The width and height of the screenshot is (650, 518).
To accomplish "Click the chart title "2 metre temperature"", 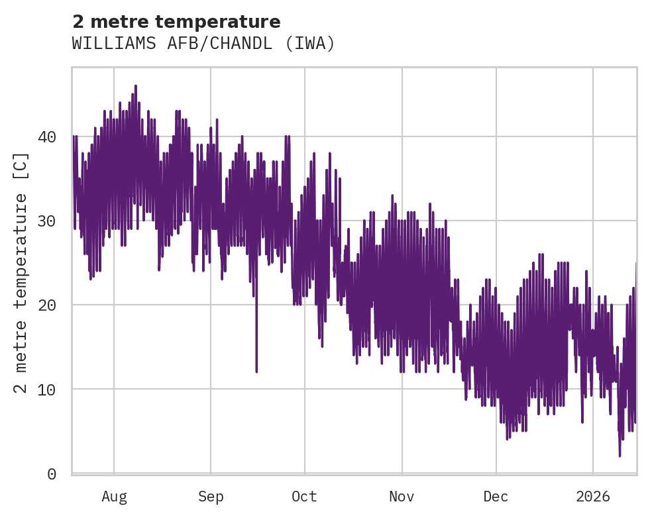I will tap(176, 22).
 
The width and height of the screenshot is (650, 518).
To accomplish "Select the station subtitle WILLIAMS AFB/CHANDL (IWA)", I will tap(203, 44).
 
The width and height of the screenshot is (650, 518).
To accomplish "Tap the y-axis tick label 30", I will tap(48, 221).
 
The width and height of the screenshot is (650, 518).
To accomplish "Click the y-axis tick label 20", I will tap(48, 305).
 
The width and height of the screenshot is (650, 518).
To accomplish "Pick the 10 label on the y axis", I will tap(48, 389).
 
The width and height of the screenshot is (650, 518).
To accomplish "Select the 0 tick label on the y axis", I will tap(52, 474).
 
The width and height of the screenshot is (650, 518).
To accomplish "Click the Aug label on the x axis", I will tap(114, 497).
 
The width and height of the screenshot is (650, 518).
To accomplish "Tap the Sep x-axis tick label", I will tap(211, 497).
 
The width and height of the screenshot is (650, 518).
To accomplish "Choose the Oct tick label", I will tap(305, 497).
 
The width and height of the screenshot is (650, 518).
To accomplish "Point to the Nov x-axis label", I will tap(402, 497).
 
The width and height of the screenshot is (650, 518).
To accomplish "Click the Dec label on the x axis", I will tap(496, 497).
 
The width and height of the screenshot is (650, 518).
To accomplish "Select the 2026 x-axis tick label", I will tap(593, 497).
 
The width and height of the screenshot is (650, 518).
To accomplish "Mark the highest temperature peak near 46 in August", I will tap(135, 86).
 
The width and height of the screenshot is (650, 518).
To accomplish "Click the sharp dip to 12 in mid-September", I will tap(256, 371).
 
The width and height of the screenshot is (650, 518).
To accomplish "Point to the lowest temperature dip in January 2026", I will tap(620, 455).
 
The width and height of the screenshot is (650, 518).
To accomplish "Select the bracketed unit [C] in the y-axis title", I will tap(21, 166).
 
